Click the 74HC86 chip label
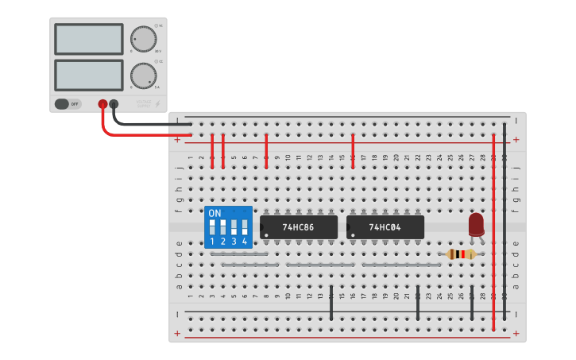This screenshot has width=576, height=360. pos(298,227)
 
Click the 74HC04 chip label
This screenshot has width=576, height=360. pos(385,227)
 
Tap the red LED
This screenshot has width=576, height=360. pos(476,224)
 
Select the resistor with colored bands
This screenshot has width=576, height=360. pos(461,254)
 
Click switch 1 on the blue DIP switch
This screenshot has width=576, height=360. pos(212,227)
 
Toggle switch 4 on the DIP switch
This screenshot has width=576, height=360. pos(245,227)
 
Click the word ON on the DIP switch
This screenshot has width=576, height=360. pos(215,213)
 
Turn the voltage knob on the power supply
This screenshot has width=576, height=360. pos(143,38)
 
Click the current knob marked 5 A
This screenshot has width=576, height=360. pos(143,75)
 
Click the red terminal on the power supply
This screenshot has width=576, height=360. pos(102,104)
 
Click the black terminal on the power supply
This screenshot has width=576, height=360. pos(114,104)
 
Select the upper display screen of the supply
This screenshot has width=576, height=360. pos(88,38)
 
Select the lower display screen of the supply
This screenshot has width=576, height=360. pos(88,75)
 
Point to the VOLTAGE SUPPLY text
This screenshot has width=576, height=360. pos(143,103)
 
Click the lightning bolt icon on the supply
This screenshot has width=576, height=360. pos(157,103)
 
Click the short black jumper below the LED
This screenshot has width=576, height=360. pos(472,303)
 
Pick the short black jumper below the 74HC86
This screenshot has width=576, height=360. pos(331,303)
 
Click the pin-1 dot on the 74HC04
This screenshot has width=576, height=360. pos(351,234)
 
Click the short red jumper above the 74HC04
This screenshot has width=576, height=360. pos(353,151)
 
